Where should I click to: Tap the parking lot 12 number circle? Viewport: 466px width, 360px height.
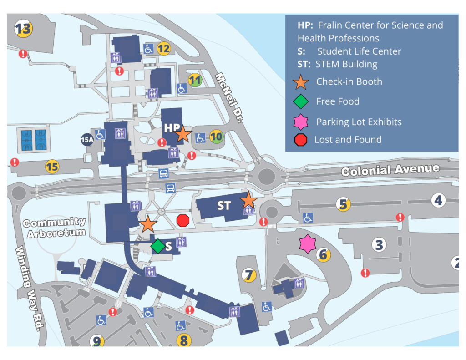coord(164,48)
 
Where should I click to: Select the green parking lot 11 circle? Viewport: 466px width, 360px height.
coord(195,81)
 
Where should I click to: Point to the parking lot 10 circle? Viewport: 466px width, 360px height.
coord(217,136)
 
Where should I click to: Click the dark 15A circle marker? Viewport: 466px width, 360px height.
coord(87,140)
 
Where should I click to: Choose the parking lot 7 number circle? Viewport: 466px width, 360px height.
coord(249,275)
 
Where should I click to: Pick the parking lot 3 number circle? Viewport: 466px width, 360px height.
coord(379,245)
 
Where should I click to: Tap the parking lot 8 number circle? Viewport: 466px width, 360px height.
coord(184,340)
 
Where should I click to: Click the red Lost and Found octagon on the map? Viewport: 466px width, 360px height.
coord(183,220)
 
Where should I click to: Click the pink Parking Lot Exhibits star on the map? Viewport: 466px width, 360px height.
coord(308,244)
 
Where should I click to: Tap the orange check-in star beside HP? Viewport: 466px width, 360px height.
coord(183,134)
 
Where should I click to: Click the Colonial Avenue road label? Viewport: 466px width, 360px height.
coord(390,170)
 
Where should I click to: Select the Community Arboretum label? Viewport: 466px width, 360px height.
coord(55,228)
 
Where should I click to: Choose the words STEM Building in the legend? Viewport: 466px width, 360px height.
coord(346,64)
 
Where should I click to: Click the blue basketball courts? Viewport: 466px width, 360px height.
coord(33,140)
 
